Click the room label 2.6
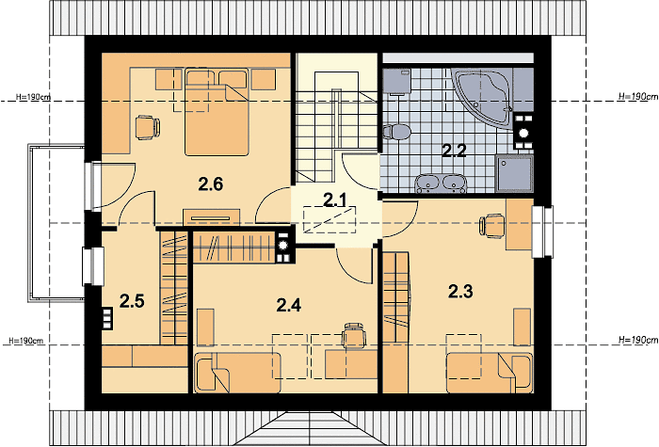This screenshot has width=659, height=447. (x=211, y=184)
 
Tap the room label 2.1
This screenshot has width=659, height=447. (x=335, y=200)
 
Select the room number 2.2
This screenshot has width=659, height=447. (x=454, y=150)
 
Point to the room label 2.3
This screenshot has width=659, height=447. (x=460, y=291)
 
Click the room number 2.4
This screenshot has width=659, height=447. (x=289, y=305)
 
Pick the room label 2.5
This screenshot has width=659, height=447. (x=132, y=301)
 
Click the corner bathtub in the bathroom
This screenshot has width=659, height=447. (x=482, y=95)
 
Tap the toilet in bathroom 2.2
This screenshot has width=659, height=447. (x=396, y=132)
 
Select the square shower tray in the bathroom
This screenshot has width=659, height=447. (x=514, y=173)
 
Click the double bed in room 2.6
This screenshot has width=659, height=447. (x=217, y=112)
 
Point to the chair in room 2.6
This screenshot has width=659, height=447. (x=147, y=127)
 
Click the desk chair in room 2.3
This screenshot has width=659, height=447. (x=491, y=226)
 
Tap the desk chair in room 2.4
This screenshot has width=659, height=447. (x=353, y=335)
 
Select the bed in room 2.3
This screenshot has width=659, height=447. (x=490, y=373)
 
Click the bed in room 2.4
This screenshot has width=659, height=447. (x=237, y=373)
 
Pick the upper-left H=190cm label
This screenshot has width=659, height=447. (x=33, y=97)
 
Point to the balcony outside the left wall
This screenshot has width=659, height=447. (x=56, y=223)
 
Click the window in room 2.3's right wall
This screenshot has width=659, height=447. (x=542, y=231)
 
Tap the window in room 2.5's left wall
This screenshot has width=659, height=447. (x=93, y=266)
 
